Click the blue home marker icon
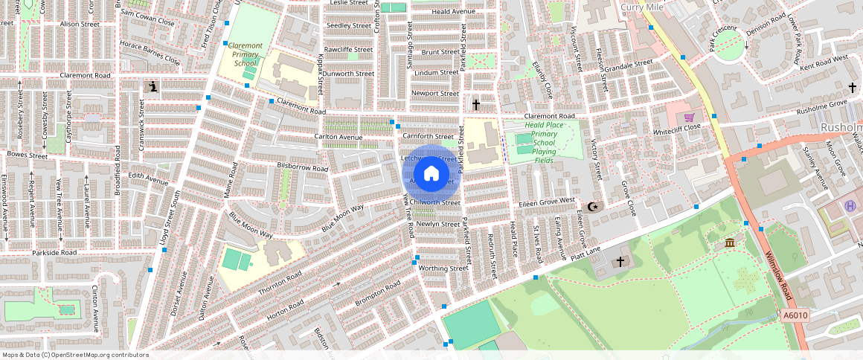click(431, 174)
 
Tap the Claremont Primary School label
click(245, 55)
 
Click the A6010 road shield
click(795, 315)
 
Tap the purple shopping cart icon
click(689, 117)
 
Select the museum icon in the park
click(729, 243)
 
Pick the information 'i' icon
click(153, 88)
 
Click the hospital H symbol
click(850, 205)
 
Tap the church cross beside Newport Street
click(476, 105)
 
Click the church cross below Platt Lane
click(620, 262)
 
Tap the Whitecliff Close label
click(677, 127)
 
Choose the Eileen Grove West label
click(547, 202)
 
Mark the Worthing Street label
click(443, 268)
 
